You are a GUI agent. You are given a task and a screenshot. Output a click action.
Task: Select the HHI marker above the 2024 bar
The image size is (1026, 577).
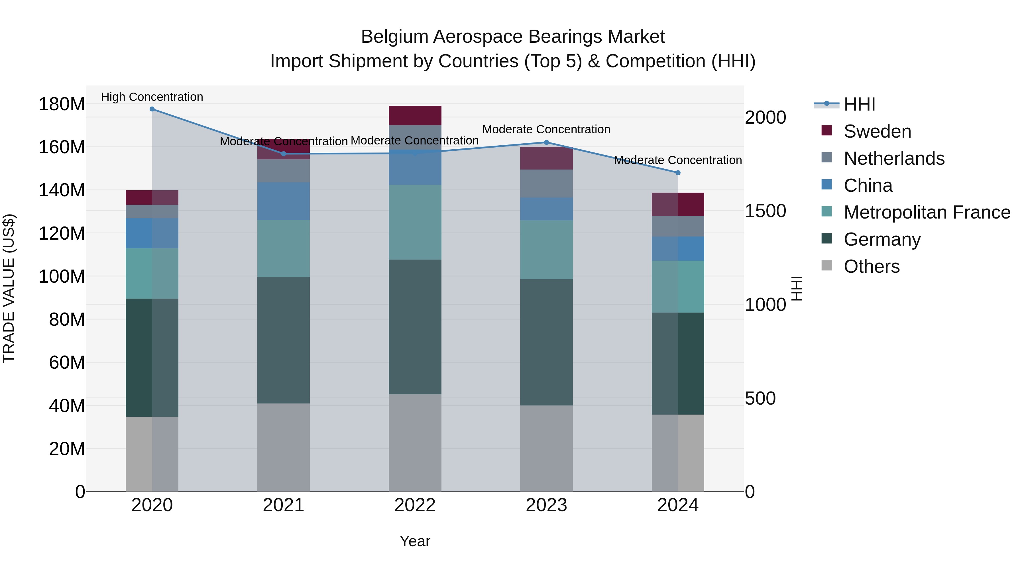pyautogui.click(x=678, y=173)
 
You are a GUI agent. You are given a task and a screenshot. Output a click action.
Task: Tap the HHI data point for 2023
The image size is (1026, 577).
pyautogui.click(x=546, y=142)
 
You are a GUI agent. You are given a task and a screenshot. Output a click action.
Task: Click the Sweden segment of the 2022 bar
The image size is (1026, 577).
pyautogui.click(x=415, y=115)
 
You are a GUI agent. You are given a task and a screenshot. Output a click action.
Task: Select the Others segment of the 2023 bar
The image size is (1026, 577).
pyautogui.click(x=546, y=448)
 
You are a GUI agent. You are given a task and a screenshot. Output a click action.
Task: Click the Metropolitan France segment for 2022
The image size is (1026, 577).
pyautogui.click(x=415, y=222)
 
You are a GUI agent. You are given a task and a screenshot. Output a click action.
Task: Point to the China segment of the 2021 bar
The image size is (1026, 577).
pyautogui.click(x=284, y=201)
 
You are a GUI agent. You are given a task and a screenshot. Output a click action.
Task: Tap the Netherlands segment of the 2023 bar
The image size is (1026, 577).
pyautogui.click(x=546, y=184)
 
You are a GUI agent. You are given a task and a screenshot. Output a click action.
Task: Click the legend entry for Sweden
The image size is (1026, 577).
pyautogui.click(x=877, y=131)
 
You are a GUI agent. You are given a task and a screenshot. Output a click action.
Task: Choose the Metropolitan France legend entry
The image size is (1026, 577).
pyautogui.click(x=927, y=213)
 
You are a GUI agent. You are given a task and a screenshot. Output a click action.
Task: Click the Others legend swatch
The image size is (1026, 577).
pyautogui.click(x=826, y=266)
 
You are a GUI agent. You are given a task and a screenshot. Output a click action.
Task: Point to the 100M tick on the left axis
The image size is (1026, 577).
pyautogui.click(x=62, y=276)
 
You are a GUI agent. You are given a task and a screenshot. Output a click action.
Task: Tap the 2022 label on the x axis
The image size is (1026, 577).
pyautogui.click(x=415, y=505)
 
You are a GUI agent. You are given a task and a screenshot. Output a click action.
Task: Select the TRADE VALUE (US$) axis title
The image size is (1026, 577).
pyautogui.click(x=9, y=288)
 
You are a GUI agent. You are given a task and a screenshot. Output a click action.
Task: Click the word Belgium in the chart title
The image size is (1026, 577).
pyautogui.click(x=394, y=37)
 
